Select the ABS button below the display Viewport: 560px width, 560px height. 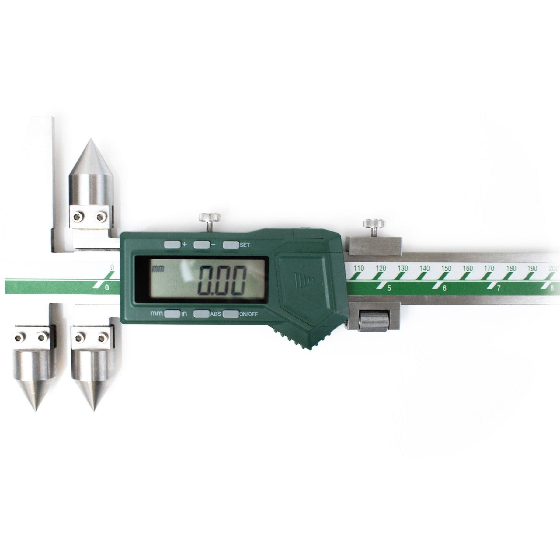[x=201, y=314]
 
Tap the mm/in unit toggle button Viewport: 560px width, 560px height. [x=172, y=314]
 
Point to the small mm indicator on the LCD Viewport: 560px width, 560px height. [x=158, y=269]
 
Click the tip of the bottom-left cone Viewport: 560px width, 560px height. [x=35, y=410]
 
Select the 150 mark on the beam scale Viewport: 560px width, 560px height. [x=446, y=269]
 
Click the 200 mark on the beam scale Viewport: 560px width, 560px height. [x=554, y=269]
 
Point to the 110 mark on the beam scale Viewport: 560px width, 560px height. [x=359, y=269]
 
